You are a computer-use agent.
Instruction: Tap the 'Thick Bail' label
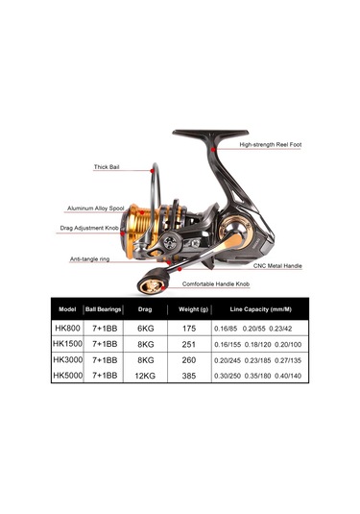pyautogui.click(x=110, y=165)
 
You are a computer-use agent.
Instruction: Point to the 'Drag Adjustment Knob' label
pyautogui.click(x=93, y=229)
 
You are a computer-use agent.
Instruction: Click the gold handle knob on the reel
pyautogui.click(x=151, y=286)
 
